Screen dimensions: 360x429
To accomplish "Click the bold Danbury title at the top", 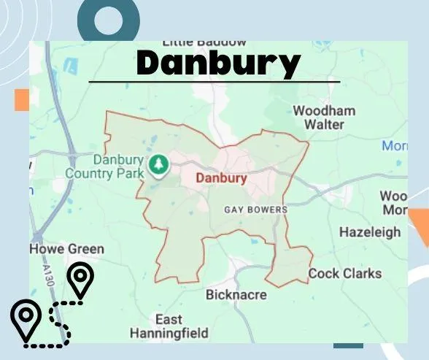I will coord(218,64).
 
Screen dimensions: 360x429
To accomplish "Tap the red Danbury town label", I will coord(221,178).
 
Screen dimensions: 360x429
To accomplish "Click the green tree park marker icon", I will coord(158,164).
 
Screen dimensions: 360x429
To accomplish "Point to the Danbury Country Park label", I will coord(104,166).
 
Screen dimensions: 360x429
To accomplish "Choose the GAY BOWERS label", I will coord(255,210).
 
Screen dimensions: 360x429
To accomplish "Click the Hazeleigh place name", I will coord(370,232).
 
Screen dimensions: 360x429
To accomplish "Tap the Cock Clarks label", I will coord(344,274).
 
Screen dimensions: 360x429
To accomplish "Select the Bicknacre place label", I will coord(236,295).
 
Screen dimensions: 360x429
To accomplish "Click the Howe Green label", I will coord(66,249).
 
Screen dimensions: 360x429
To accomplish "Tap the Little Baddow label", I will coord(204,42).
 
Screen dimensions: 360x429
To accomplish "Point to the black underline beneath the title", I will coord(214,82).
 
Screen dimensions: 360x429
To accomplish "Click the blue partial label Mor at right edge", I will coord(395,146).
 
